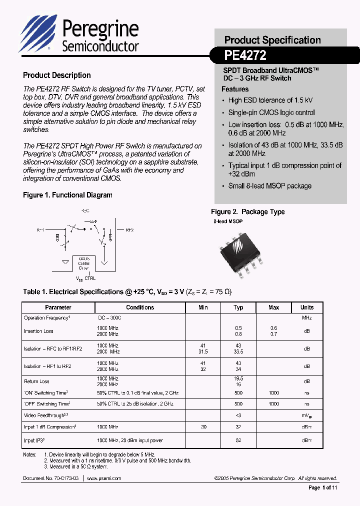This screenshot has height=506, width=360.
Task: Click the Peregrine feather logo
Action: coord(39,33)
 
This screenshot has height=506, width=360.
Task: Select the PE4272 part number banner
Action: coord(245,54)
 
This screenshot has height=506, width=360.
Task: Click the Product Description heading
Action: coord(57,75)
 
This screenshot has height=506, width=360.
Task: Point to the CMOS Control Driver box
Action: coord(83,263)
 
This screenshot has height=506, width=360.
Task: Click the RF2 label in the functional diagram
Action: coord(129,230)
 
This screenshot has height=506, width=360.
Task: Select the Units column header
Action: coord(307,307)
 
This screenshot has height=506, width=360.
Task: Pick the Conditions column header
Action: coord(140,307)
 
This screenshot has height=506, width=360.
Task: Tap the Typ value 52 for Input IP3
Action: coord(238,440)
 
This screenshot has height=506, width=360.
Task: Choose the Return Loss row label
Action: coord(37,381)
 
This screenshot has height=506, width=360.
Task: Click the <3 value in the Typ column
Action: coord(238,415)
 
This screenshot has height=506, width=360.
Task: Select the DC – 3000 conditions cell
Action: coord(109,318)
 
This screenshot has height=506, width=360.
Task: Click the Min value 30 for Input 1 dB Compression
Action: coord(203,427)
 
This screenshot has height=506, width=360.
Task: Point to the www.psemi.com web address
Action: coord(104,478)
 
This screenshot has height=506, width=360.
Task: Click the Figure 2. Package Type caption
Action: coord(247,212)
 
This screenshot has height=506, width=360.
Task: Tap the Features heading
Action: coord(235,89)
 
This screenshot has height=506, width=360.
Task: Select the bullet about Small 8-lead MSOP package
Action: coord(269,186)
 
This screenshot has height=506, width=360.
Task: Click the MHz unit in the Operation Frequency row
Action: coord(307,318)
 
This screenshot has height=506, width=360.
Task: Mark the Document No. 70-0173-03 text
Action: coord(50,478)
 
